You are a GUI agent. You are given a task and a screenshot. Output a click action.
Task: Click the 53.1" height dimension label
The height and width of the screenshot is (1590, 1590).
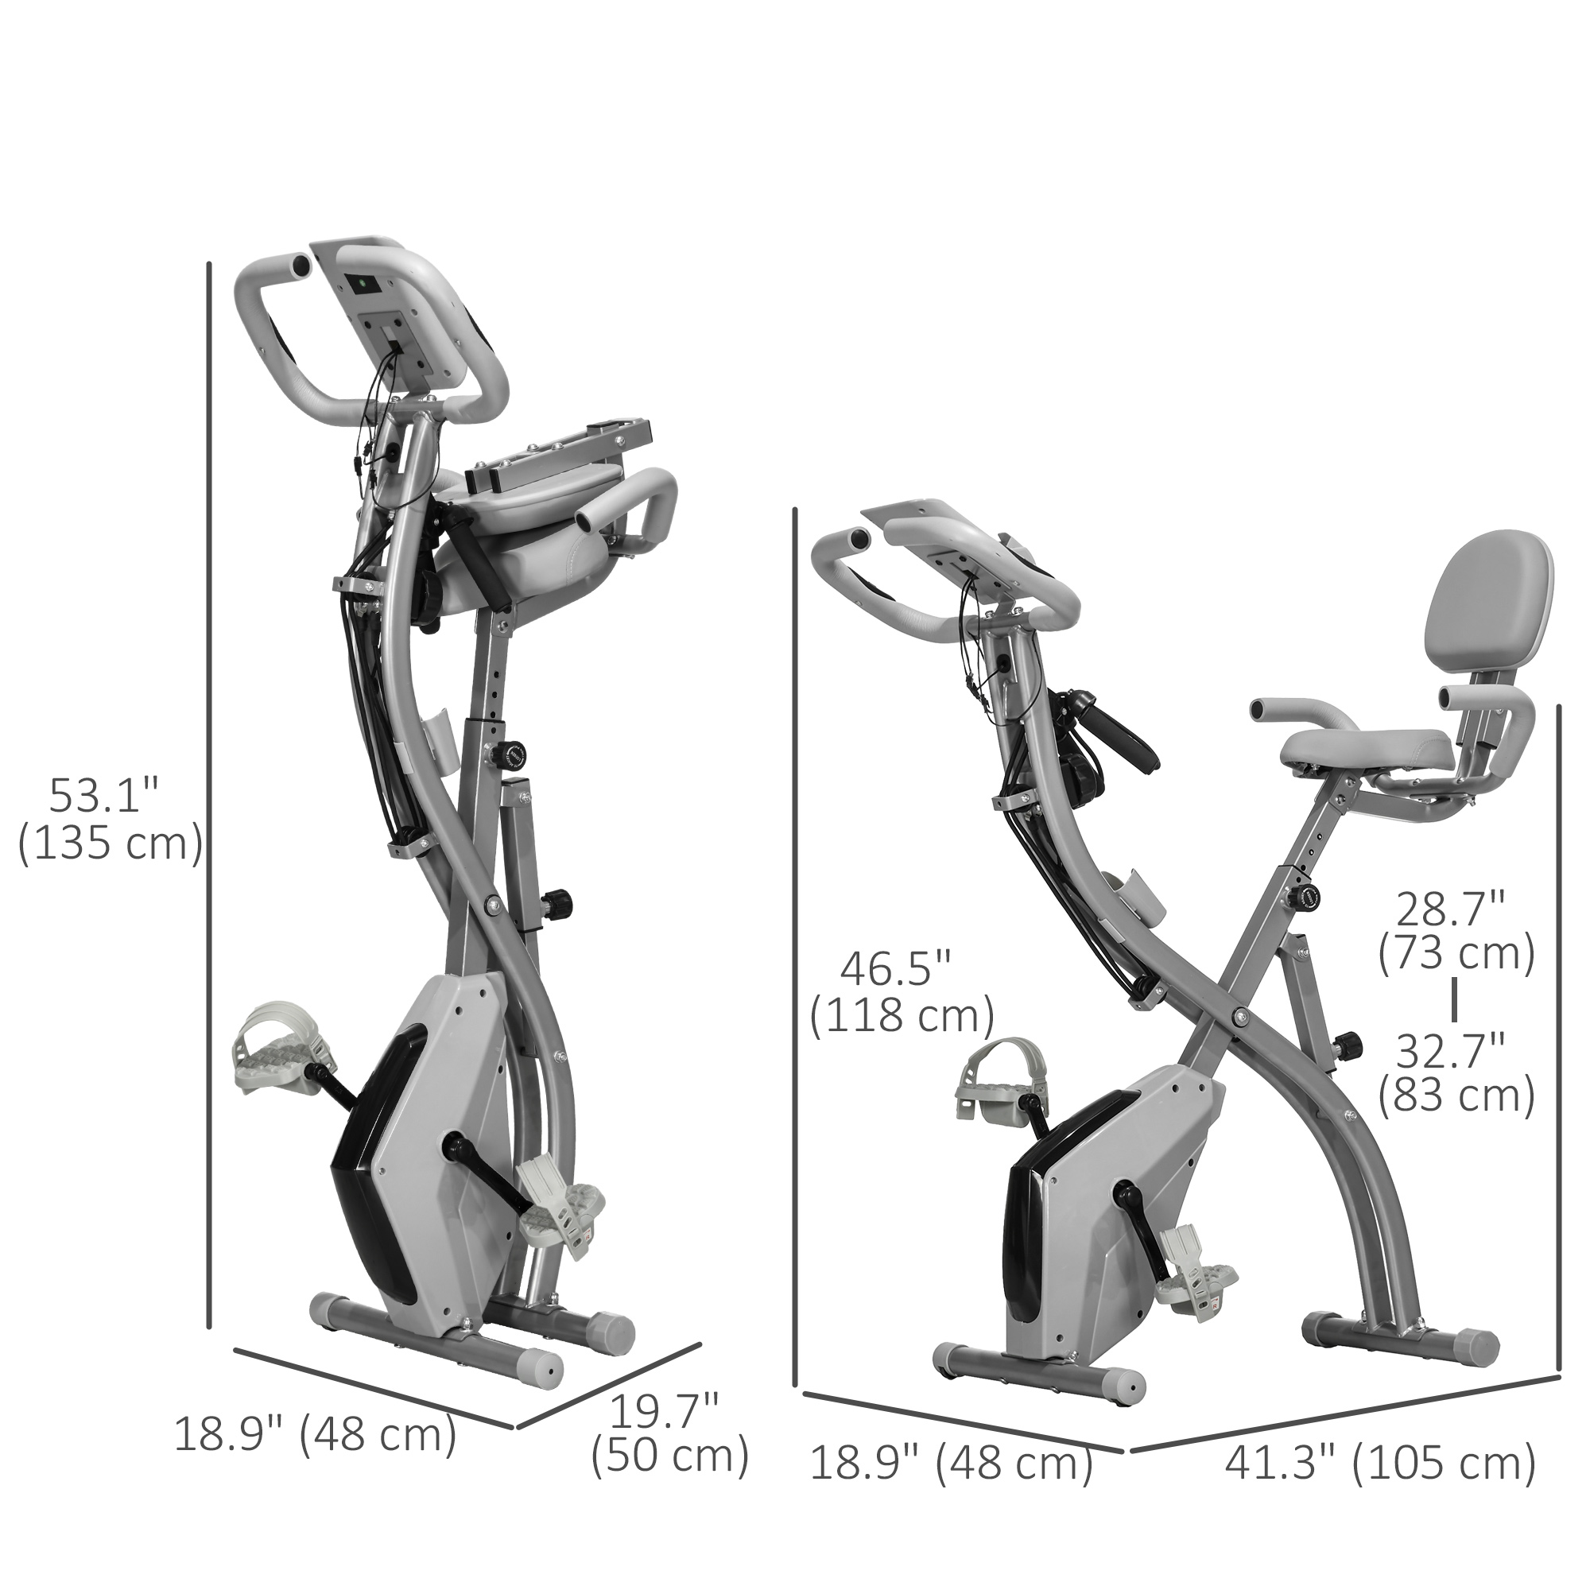[x=103, y=797]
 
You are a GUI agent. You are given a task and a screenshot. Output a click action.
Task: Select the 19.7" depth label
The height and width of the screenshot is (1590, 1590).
[x=664, y=1412]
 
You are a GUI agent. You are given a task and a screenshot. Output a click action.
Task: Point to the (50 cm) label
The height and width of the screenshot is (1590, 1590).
[x=670, y=1456]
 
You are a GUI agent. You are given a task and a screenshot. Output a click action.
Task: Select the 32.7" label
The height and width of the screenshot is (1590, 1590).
[x=1453, y=1051]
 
